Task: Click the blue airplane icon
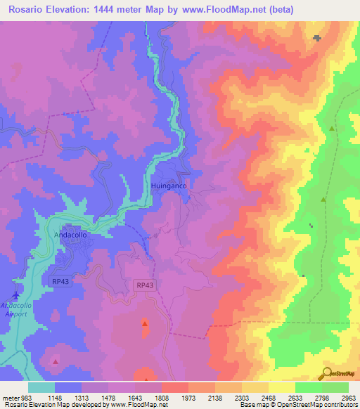pyautogui.click(x=15, y=294)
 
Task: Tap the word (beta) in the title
pyautogui.click(x=278, y=9)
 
